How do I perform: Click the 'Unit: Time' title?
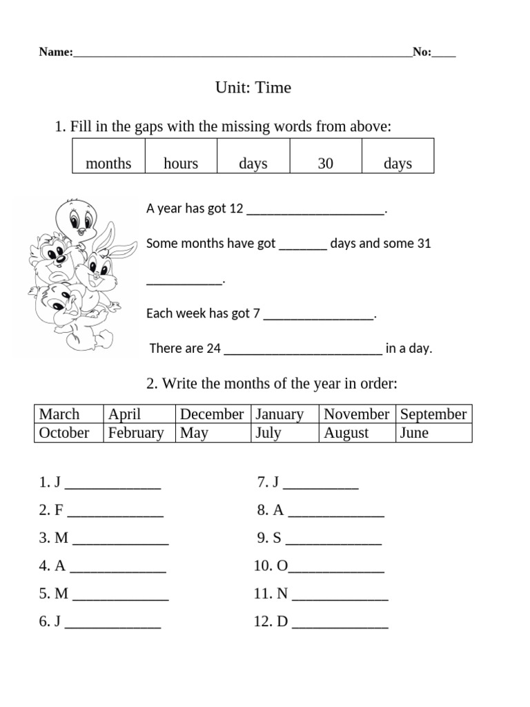point(253,88)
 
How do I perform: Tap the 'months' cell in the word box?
point(108,164)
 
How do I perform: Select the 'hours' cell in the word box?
point(181,164)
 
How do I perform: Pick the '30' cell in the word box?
point(325,164)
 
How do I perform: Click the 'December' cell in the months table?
point(212,414)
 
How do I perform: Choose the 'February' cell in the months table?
point(136,433)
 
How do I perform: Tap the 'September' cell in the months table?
point(433,414)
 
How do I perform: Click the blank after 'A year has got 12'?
point(316,210)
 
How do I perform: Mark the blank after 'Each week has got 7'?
point(318,315)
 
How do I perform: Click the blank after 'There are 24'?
point(303,350)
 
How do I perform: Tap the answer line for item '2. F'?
point(116,513)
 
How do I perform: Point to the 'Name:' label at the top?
point(55,52)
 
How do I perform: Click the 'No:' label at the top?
point(422,52)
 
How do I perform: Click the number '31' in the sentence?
point(424,244)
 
